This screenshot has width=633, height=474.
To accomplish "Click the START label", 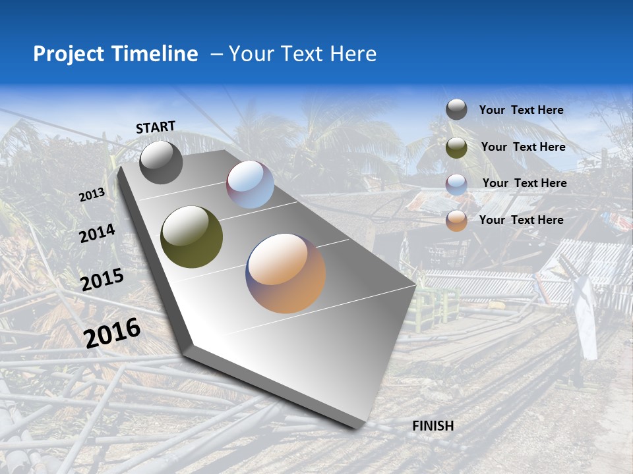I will (x=156, y=127).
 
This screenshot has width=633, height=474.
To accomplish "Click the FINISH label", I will (x=433, y=426).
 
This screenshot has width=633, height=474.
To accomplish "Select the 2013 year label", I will (x=92, y=195).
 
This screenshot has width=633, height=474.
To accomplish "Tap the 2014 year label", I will (x=97, y=234).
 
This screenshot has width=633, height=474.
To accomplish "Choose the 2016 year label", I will (x=112, y=332).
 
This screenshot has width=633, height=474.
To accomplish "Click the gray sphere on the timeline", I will (x=161, y=162).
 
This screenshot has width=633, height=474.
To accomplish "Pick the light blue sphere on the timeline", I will (x=251, y=184).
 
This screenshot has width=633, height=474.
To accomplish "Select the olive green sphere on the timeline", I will (x=192, y=237).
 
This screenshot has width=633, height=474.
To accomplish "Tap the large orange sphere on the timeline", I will (x=286, y=273).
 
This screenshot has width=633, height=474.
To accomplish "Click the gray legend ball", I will (x=456, y=109).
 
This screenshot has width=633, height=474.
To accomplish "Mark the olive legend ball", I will (x=456, y=147).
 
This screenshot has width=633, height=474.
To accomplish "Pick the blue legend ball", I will (x=456, y=184).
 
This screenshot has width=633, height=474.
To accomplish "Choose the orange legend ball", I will (x=456, y=221).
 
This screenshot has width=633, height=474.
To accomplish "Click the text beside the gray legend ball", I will (x=521, y=111).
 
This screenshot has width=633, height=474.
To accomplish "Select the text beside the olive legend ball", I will (x=523, y=147).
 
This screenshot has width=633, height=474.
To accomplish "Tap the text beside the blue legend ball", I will (x=524, y=183).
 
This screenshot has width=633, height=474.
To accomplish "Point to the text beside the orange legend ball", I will (x=521, y=220).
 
